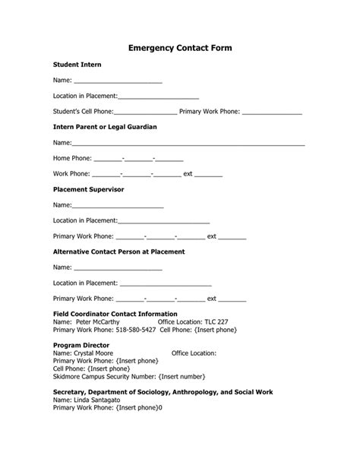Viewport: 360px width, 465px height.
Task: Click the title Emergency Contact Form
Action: coord(180,47)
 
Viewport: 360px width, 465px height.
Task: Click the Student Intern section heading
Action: coord(77,65)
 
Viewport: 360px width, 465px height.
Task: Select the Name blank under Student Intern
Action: coord(118,81)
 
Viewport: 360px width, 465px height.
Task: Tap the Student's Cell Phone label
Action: coord(83,112)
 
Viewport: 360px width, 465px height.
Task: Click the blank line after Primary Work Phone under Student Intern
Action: coord(271,113)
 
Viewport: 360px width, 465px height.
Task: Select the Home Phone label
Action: coord(72,159)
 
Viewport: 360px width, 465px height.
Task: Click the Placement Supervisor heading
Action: coord(88,189)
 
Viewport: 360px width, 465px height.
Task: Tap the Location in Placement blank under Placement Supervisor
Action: coord(164,222)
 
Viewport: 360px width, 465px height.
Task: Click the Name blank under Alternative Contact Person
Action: coord(118,268)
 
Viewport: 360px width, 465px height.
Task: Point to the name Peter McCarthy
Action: coord(98,322)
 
